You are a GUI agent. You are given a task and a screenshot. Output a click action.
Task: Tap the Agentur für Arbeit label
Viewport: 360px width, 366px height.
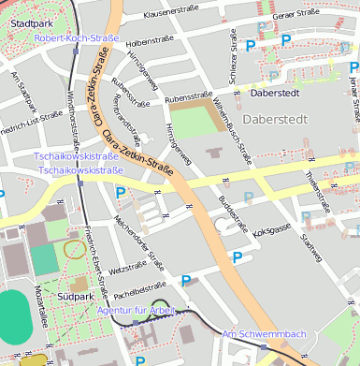coord(137,309)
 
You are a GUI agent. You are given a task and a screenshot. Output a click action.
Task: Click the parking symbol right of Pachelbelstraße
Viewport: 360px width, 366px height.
coord(186,280)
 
